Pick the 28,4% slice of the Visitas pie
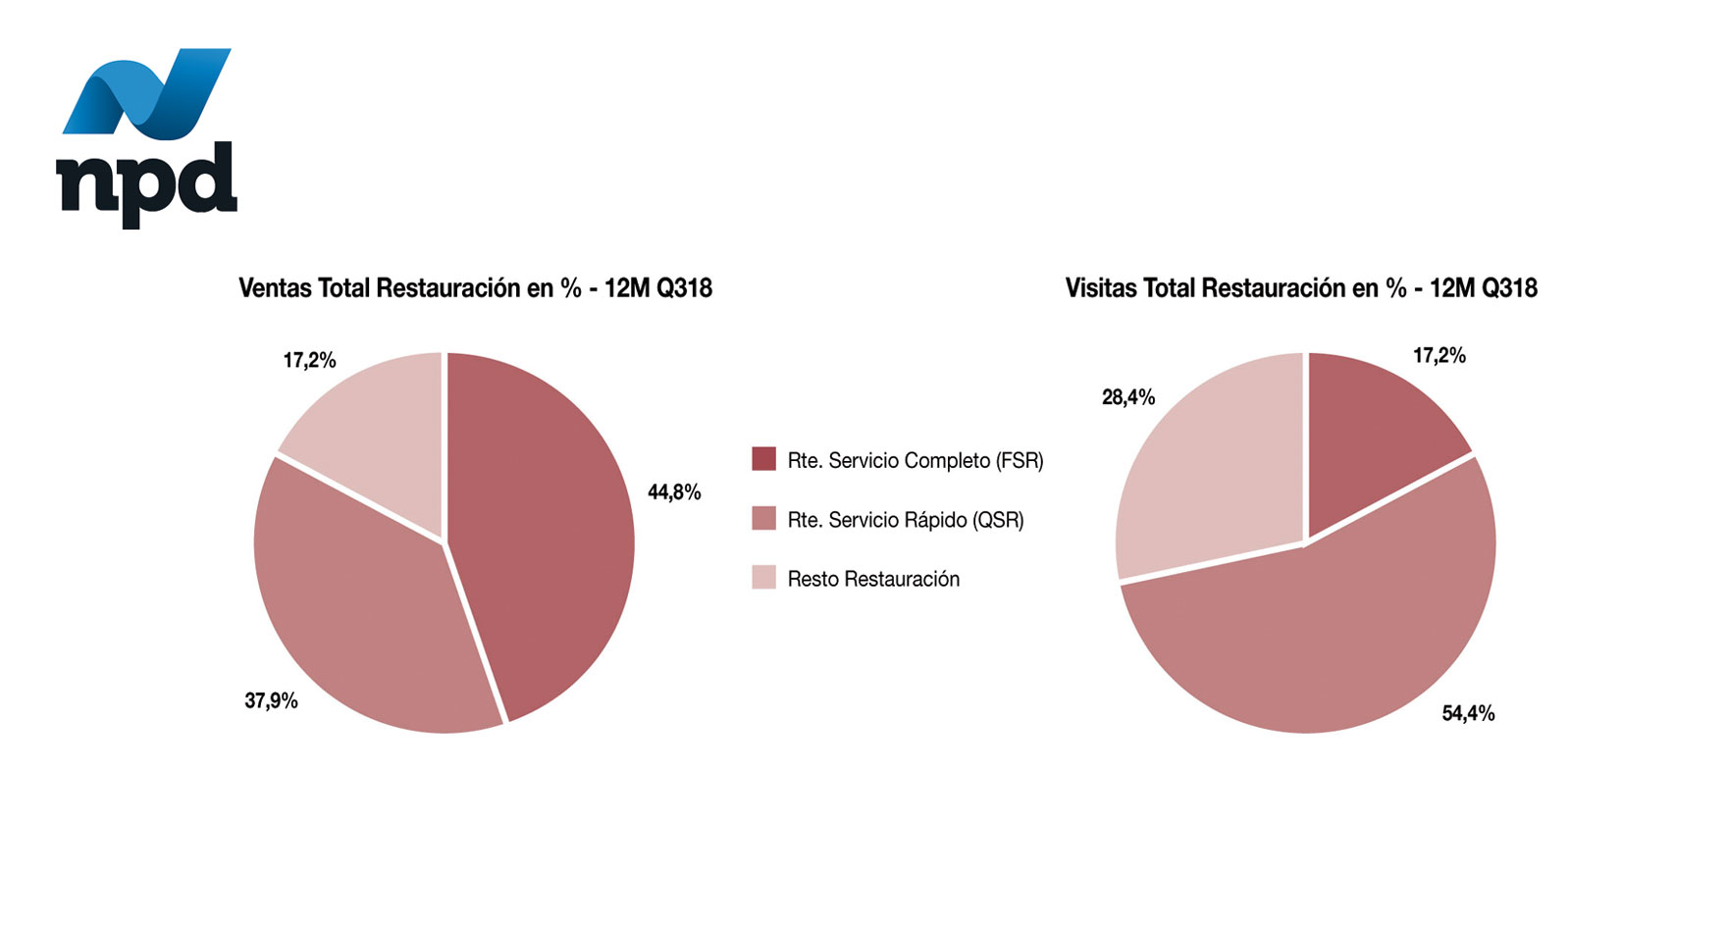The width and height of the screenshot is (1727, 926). point(1207,471)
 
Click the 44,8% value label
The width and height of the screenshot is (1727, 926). point(674,492)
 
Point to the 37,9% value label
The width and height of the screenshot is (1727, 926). point(271,701)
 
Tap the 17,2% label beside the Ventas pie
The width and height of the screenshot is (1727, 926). point(310,361)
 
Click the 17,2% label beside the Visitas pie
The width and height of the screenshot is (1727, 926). point(1439,356)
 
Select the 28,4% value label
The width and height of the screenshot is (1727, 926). point(1128,397)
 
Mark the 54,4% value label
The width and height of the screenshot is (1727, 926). point(1468,714)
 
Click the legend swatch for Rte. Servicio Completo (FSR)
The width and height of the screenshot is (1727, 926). point(763,459)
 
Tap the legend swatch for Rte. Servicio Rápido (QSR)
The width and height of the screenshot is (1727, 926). point(763,519)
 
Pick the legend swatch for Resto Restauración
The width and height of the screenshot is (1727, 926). point(763,578)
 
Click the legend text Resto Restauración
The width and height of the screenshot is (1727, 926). point(873,579)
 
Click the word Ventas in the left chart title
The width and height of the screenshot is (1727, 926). point(275,288)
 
